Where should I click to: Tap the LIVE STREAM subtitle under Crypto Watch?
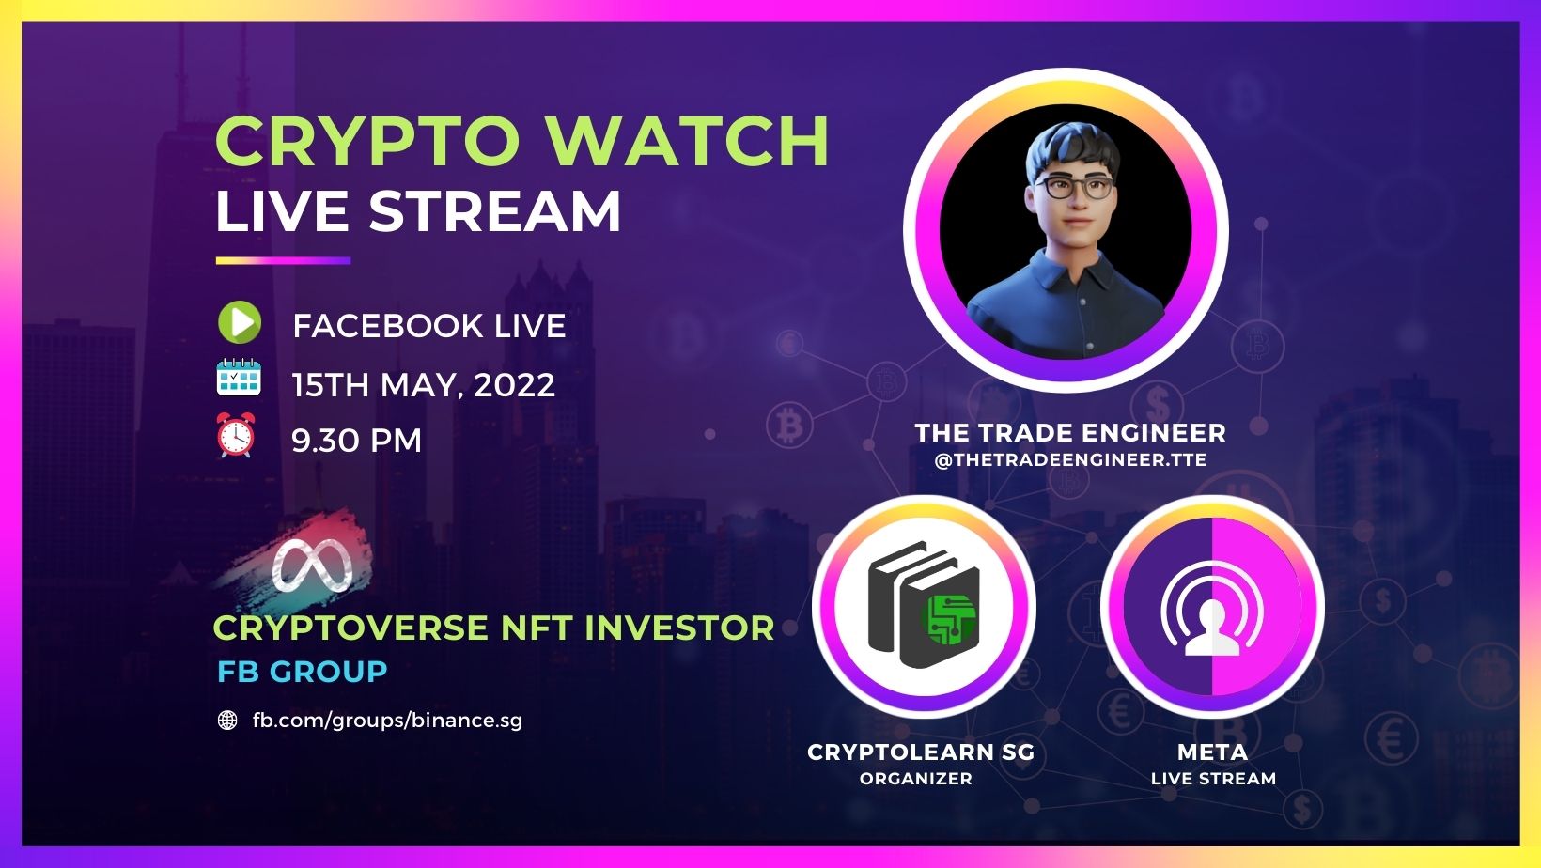(x=418, y=211)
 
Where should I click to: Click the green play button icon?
(x=239, y=323)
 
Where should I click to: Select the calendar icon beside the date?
(x=239, y=378)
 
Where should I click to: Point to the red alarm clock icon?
(x=235, y=436)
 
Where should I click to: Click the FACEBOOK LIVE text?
(x=428, y=326)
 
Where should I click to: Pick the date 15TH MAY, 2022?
(x=423, y=385)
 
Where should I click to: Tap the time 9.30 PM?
(x=356, y=441)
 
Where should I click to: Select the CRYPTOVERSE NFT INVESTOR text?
(x=493, y=628)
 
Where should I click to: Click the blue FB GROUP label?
(x=302, y=672)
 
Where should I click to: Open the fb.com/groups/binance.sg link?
(x=387, y=721)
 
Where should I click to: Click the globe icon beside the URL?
(x=227, y=721)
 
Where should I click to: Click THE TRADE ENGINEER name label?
(x=1070, y=433)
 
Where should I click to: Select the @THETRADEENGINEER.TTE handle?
(x=1070, y=460)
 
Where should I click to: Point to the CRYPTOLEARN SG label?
(x=920, y=752)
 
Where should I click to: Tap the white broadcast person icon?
(x=1212, y=615)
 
